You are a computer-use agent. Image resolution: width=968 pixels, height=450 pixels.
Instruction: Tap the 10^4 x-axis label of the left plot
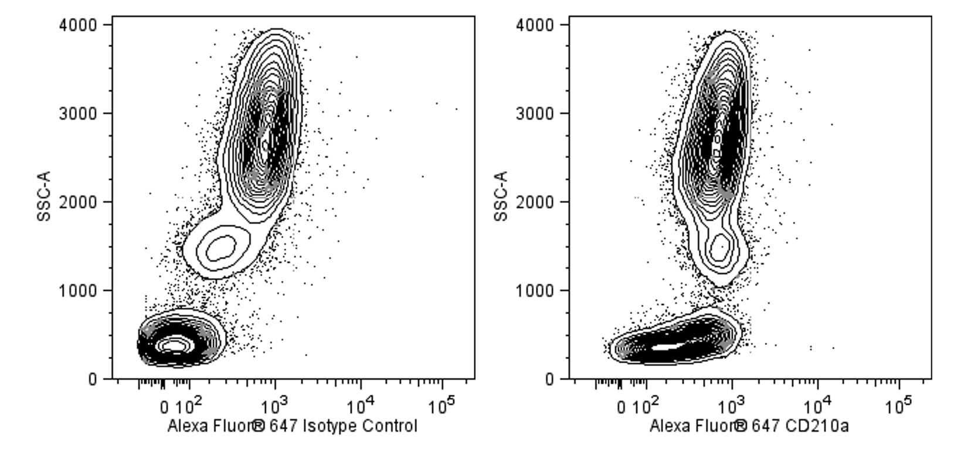[361, 404]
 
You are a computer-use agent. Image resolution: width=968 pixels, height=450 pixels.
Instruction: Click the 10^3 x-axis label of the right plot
[732, 404]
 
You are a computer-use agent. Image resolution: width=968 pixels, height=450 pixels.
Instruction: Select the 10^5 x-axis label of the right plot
[899, 404]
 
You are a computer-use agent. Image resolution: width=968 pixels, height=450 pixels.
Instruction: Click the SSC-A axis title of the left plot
[45, 196]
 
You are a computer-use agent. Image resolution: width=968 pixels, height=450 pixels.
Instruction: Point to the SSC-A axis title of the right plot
[501, 196]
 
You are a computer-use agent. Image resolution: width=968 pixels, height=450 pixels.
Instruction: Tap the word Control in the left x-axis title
[389, 426]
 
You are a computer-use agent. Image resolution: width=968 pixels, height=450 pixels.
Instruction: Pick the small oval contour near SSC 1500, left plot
[217, 248]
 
